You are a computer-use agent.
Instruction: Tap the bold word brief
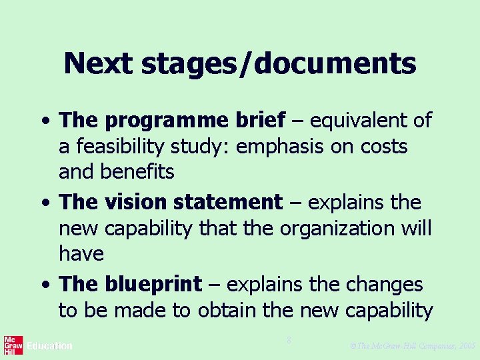point(260,120)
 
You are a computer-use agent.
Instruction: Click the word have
point(81,253)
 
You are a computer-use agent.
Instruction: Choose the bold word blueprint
point(152,285)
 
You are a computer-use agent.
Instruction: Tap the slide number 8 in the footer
point(289,341)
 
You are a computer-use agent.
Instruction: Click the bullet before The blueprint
point(44,285)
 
